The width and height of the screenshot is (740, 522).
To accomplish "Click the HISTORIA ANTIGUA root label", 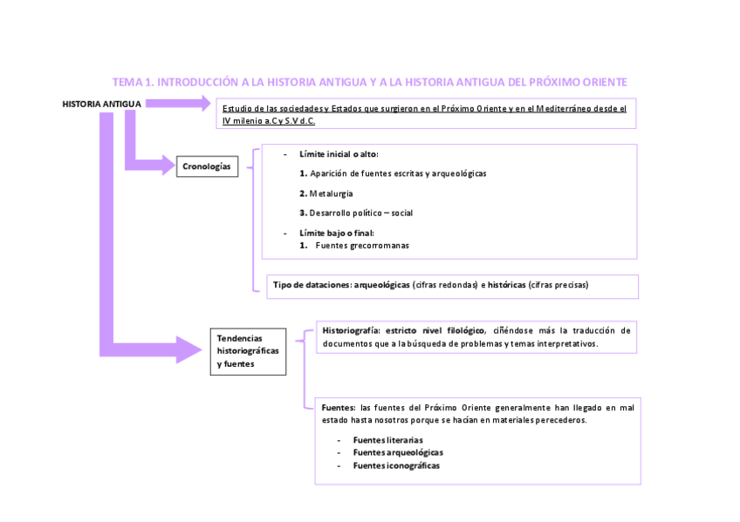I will [x=101, y=104].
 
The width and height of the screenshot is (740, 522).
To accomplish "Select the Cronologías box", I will [x=206, y=166].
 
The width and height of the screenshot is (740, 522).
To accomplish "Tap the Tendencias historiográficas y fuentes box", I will [x=248, y=350].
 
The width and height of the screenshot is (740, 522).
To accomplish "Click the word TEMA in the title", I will [x=127, y=82].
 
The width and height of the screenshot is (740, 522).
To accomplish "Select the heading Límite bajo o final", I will [x=336, y=233].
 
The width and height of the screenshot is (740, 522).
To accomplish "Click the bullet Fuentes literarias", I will [x=388, y=440].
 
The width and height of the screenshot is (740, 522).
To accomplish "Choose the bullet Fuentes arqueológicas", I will [x=397, y=452].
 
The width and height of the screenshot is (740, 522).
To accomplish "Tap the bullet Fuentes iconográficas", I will [x=396, y=465].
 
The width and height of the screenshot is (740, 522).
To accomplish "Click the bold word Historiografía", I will [x=351, y=331].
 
